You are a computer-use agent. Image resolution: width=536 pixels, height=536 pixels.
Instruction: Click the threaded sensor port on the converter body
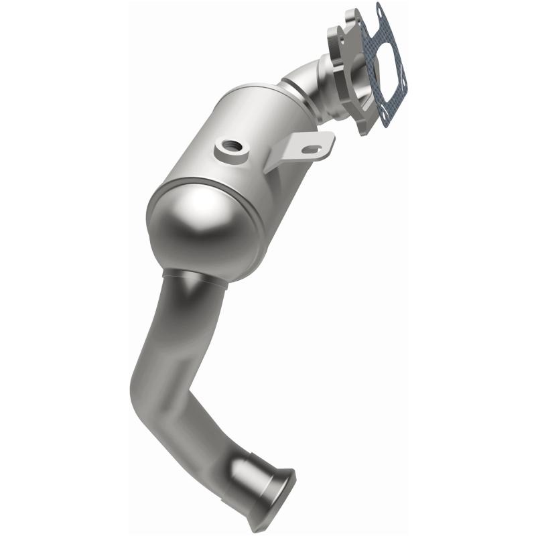click(x=229, y=145)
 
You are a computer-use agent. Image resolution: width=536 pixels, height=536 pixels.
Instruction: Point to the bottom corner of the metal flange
click(x=362, y=130)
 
